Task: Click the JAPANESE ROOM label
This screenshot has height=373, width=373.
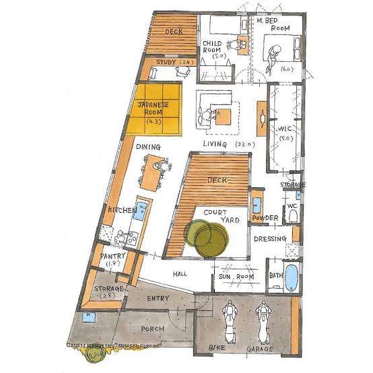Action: [x=154, y=108]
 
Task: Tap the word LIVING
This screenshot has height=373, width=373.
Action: [x=215, y=144]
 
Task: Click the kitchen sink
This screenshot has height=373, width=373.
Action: [x=141, y=210]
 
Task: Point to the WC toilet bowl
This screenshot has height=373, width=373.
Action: [x=292, y=215]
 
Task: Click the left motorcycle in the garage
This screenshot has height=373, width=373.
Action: [x=230, y=322]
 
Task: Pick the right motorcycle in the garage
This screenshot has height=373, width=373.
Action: [x=263, y=322]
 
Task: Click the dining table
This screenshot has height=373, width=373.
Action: [x=151, y=172]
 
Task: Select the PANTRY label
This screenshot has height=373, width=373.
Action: [x=110, y=257]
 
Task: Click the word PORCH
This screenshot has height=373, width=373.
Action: [x=153, y=329]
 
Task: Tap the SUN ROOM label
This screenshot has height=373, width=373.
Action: [x=236, y=277]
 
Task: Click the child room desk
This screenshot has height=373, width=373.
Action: [x=243, y=45]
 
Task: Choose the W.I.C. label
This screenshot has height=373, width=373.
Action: [x=285, y=129]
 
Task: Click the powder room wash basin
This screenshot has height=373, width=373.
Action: [x=257, y=205]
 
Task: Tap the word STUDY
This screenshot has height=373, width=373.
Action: [x=166, y=63]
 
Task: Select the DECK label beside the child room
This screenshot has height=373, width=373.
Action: [x=174, y=32]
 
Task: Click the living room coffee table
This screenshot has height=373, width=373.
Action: [x=224, y=116]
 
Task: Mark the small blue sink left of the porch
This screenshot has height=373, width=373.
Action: [x=88, y=318]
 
